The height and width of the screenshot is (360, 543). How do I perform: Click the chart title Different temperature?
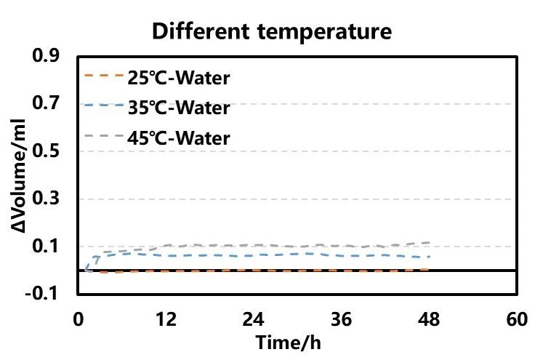pos(272,31)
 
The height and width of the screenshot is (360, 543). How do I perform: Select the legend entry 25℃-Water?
pos(177,78)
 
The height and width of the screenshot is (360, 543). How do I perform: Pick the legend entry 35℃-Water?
pos(177,108)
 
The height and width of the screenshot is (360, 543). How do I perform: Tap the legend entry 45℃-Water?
pos(177,137)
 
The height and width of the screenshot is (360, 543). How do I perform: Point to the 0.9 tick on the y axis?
pos(57,56)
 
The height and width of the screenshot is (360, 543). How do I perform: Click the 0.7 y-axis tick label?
pos(57,104)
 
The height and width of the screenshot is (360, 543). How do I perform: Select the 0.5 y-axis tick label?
pos(57,151)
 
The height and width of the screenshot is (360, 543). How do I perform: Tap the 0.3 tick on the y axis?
pos(57,199)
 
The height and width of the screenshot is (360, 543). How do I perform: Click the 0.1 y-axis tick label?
pos(57,247)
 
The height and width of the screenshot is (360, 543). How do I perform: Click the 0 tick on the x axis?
pos(79,321)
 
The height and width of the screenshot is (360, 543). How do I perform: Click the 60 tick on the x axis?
pos(516,321)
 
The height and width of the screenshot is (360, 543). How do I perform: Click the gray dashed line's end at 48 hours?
pos(430,242)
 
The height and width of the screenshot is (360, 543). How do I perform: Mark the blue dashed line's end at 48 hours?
pos(430,256)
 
